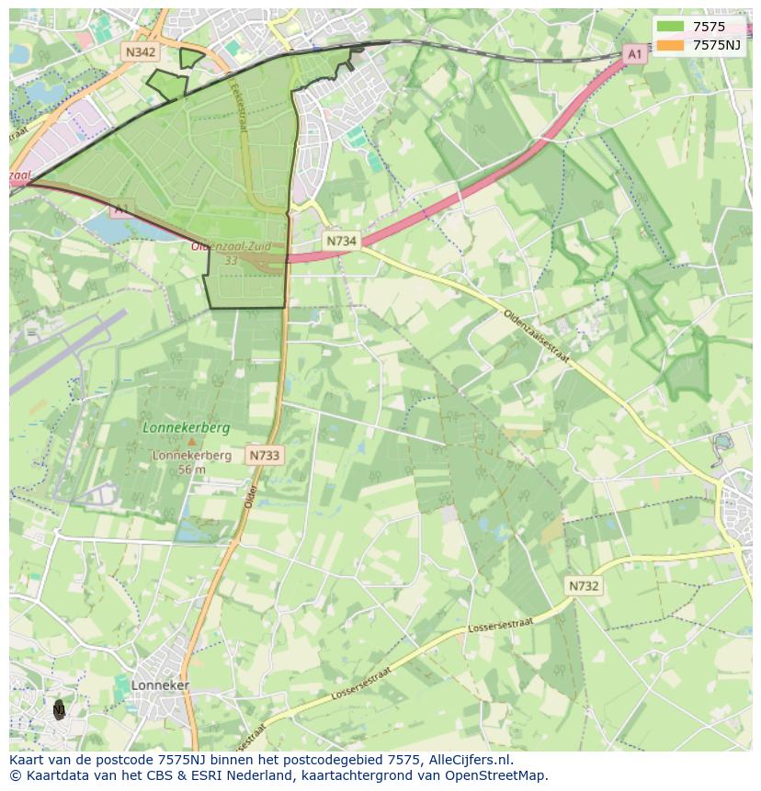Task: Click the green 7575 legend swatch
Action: pos(671,27)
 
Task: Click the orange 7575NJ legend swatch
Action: pos(671,44)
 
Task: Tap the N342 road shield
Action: pos(140,52)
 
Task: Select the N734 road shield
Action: pos(341,241)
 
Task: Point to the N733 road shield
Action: pos(264,455)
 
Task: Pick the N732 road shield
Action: pos(584,586)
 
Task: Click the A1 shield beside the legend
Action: pos(634,55)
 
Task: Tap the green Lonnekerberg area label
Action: pos(187,428)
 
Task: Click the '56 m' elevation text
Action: pos(191,469)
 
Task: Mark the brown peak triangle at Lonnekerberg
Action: pos(192,442)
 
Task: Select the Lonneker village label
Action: pos(160,685)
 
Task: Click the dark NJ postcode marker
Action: pos(59,709)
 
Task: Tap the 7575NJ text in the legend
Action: pos(717,44)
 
